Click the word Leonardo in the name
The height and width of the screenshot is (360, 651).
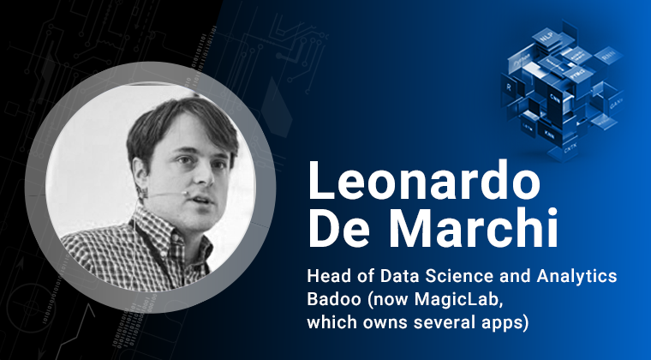[x=424, y=180]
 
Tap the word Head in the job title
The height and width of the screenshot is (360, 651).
[x=325, y=277]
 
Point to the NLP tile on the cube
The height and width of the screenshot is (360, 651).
[x=546, y=39]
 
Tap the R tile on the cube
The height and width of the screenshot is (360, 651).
[x=509, y=88]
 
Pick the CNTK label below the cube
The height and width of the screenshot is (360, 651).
[x=570, y=147]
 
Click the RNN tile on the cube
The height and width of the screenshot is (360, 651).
[x=608, y=56]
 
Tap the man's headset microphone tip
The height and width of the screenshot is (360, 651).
[x=184, y=193]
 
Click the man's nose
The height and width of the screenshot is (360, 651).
[x=206, y=173]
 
